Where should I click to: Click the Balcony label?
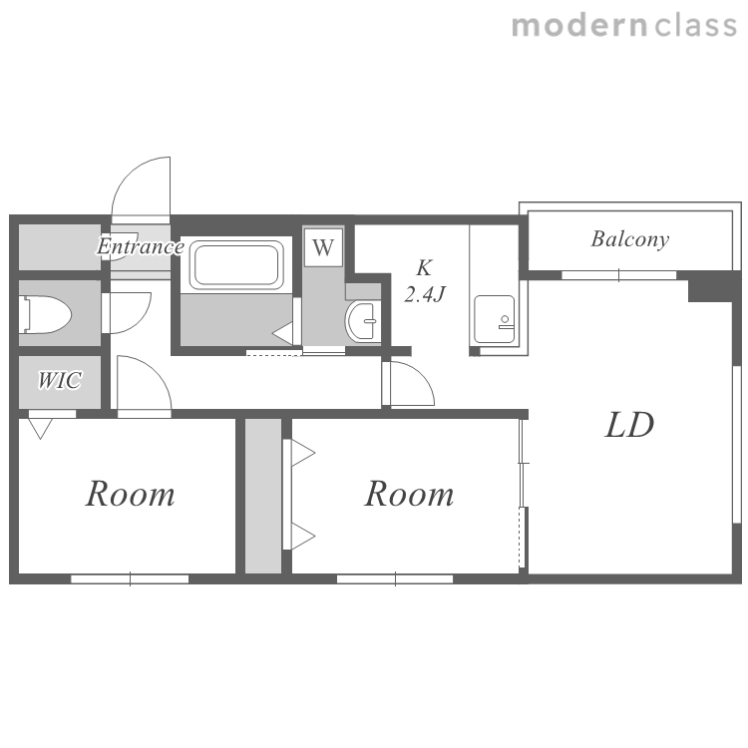pos(629,239)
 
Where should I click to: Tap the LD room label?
pos(629,425)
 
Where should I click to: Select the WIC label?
pos(60,380)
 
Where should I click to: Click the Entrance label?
pos(141,246)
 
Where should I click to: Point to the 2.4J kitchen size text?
pos(425,294)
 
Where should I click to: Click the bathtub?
pos(236,264)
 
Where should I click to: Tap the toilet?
pos(45,314)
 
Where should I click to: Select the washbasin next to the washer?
pos(363,320)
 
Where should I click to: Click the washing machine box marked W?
pos(323,247)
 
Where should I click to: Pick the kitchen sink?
pos(495,319)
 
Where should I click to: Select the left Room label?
pos(131,494)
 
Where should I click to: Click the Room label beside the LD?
pos(409,494)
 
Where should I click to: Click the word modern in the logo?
pos(579,26)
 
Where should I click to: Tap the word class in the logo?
pos(695,26)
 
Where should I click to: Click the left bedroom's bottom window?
pos(130,579)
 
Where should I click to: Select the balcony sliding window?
pos(618,275)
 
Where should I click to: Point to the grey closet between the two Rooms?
pos(263,496)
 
